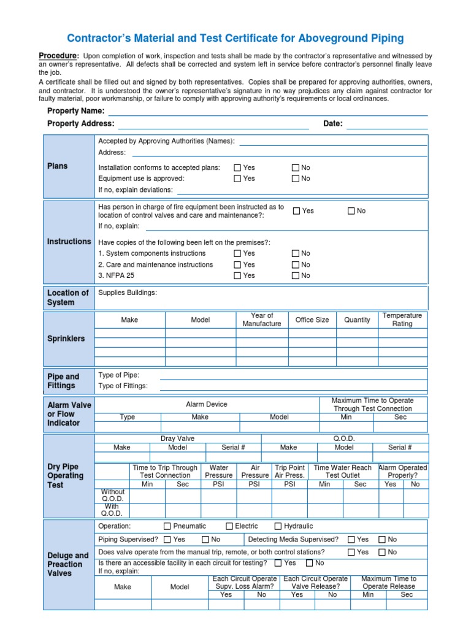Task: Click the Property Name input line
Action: (268, 112)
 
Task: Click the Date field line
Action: (386, 124)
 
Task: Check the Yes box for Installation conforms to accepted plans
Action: (237, 168)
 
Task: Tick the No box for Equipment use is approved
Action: (296, 179)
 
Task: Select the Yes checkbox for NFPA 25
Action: (237, 276)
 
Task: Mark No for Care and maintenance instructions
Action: (296, 265)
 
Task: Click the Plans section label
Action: (58, 166)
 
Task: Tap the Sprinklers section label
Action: (66, 339)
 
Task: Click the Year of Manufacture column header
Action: (262, 320)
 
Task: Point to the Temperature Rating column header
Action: (402, 320)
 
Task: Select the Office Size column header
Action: (312, 320)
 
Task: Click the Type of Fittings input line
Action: (293, 386)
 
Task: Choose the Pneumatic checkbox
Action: (167, 526)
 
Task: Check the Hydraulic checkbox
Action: (278, 526)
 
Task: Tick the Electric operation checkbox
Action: (229, 526)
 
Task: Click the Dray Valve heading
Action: (178, 438)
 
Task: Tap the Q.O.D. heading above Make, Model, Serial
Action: (344, 438)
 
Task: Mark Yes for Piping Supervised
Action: (167, 540)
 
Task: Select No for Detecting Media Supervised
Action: (382, 540)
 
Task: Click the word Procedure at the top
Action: (59, 55)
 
